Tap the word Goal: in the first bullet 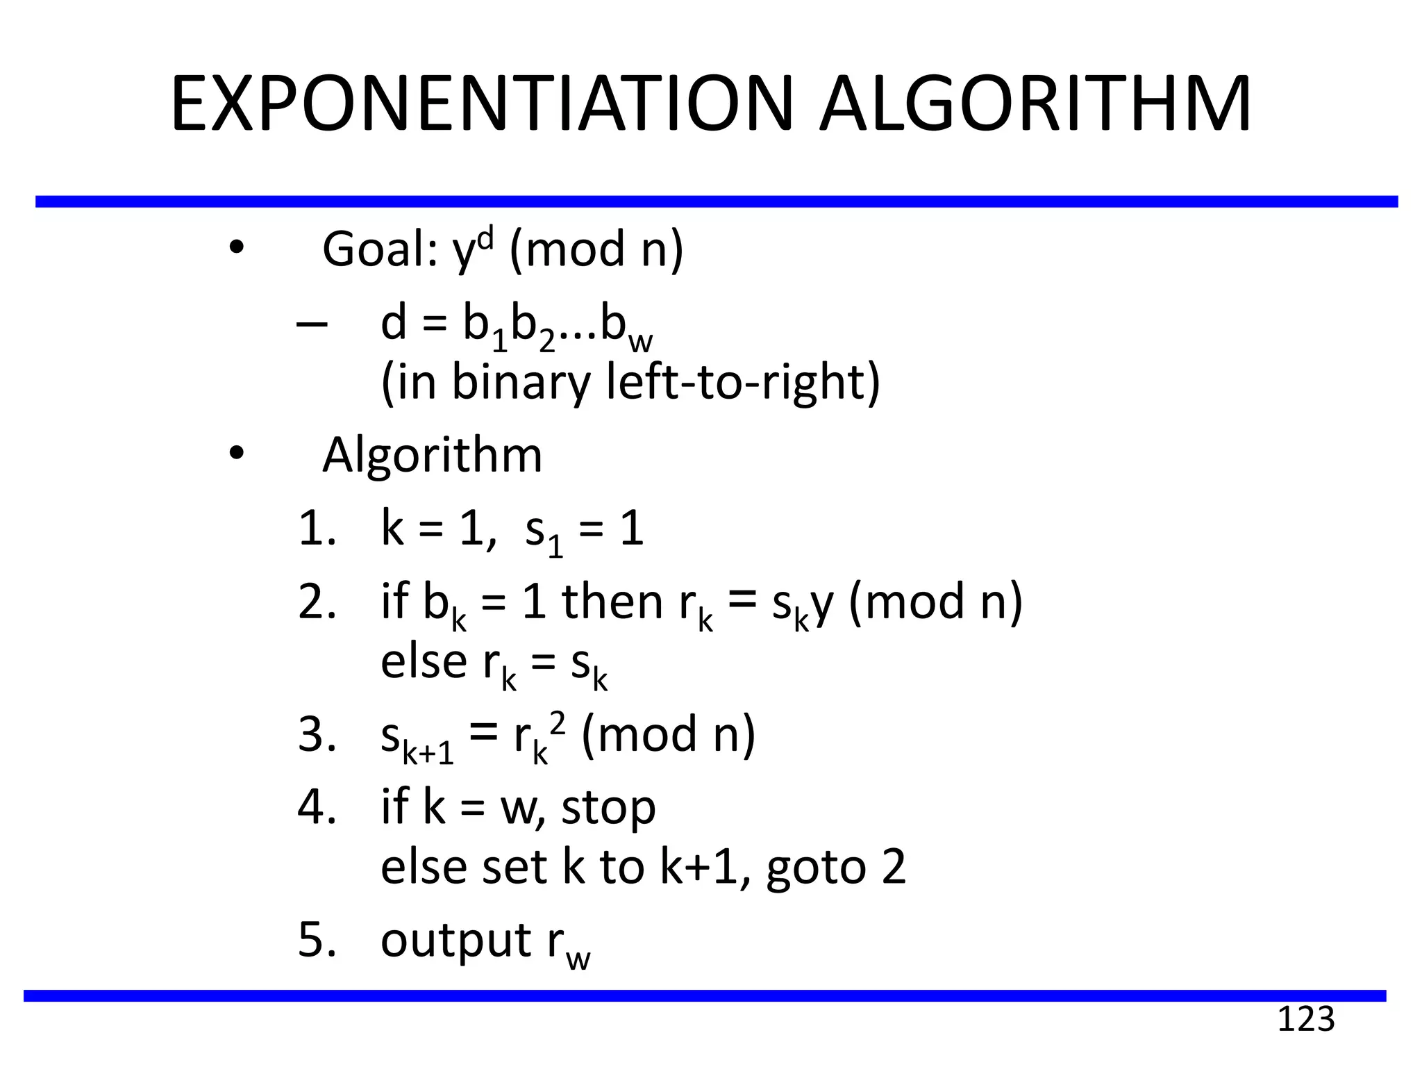(380, 249)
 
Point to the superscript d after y (485, 238)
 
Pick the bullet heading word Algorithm (432, 456)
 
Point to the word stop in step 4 (608, 809)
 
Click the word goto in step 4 (817, 868)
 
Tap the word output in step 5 (455, 941)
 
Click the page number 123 (1306, 1020)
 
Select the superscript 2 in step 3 (558, 724)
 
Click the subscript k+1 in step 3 (428, 752)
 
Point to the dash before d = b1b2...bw (312, 324)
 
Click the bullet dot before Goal (237, 248)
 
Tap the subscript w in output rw (578, 959)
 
